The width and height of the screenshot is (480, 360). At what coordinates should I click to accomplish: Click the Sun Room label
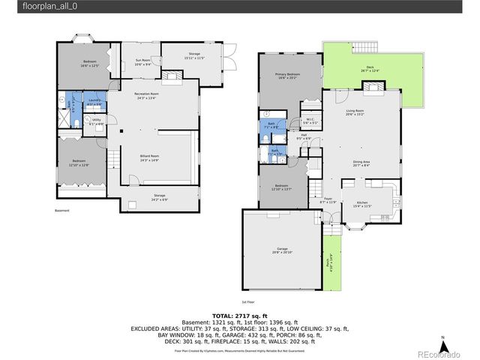pos(142,61)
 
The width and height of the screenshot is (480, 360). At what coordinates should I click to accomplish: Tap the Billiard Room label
pos(149,157)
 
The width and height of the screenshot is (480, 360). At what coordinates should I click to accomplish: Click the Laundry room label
pos(94,101)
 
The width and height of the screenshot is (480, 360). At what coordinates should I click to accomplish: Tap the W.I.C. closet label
pos(310,121)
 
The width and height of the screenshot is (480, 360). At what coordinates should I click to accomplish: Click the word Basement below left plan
pos(61,211)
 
